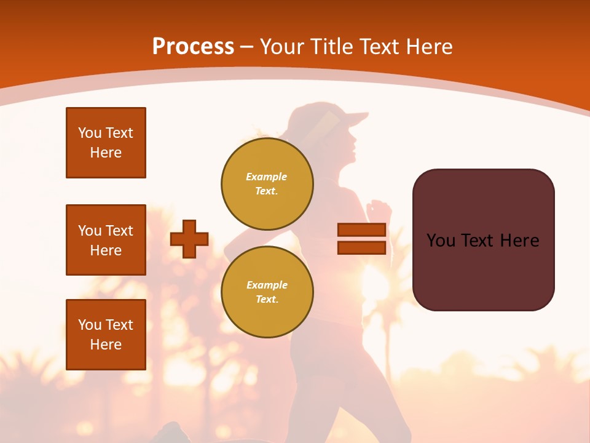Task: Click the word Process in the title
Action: tap(193, 47)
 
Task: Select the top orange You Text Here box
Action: tap(106, 143)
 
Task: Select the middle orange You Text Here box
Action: tap(106, 240)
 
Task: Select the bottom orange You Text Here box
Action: tap(106, 334)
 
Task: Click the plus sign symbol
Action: tap(189, 239)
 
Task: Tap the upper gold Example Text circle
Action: tap(267, 183)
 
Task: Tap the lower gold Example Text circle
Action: tap(267, 292)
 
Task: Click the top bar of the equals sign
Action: tap(361, 230)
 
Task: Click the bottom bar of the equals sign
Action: tap(361, 247)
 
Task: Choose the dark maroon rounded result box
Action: tap(483, 240)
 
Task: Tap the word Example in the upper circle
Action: tap(266, 177)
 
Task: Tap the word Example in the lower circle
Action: tap(267, 285)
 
